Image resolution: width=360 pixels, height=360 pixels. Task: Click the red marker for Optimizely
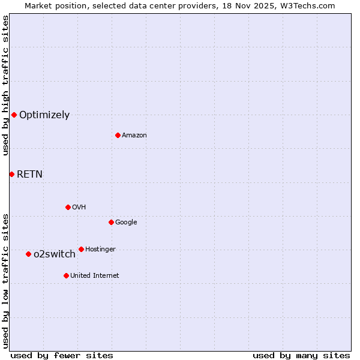[x=14, y=115]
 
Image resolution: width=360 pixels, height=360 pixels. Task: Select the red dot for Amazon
[x=118, y=135]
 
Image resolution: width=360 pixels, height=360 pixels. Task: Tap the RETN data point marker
[x=11, y=174]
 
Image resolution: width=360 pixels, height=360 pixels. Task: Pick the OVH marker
[x=68, y=207]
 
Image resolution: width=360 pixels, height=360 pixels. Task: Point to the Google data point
[x=111, y=222]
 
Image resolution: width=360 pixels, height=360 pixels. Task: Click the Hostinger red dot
[x=81, y=249]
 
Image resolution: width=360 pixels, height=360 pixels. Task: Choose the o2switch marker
[x=28, y=254]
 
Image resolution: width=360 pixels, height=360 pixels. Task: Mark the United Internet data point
[x=66, y=275]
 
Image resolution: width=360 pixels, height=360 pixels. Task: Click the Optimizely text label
[x=44, y=115]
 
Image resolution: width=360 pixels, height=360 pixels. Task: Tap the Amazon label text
[x=134, y=136]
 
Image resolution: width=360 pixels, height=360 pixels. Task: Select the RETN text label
[x=29, y=175]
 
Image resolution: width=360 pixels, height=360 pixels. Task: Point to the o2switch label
[x=55, y=254]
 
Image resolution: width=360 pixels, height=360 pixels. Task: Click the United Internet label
[x=95, y=276]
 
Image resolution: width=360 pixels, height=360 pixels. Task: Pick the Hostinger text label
[x=100, y=250]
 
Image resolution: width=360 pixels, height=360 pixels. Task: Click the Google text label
[x=126, y=223]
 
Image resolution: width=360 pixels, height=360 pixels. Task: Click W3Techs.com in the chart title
[x=309, y=5]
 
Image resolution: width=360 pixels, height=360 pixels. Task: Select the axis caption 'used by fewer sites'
[x=62, y=355]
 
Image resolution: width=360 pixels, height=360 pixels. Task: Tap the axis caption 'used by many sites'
[x=301, y=355]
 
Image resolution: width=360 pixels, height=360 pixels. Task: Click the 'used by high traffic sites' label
[x=5, y=85]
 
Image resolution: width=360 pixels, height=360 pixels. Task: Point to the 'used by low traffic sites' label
[x=5, y=280]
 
